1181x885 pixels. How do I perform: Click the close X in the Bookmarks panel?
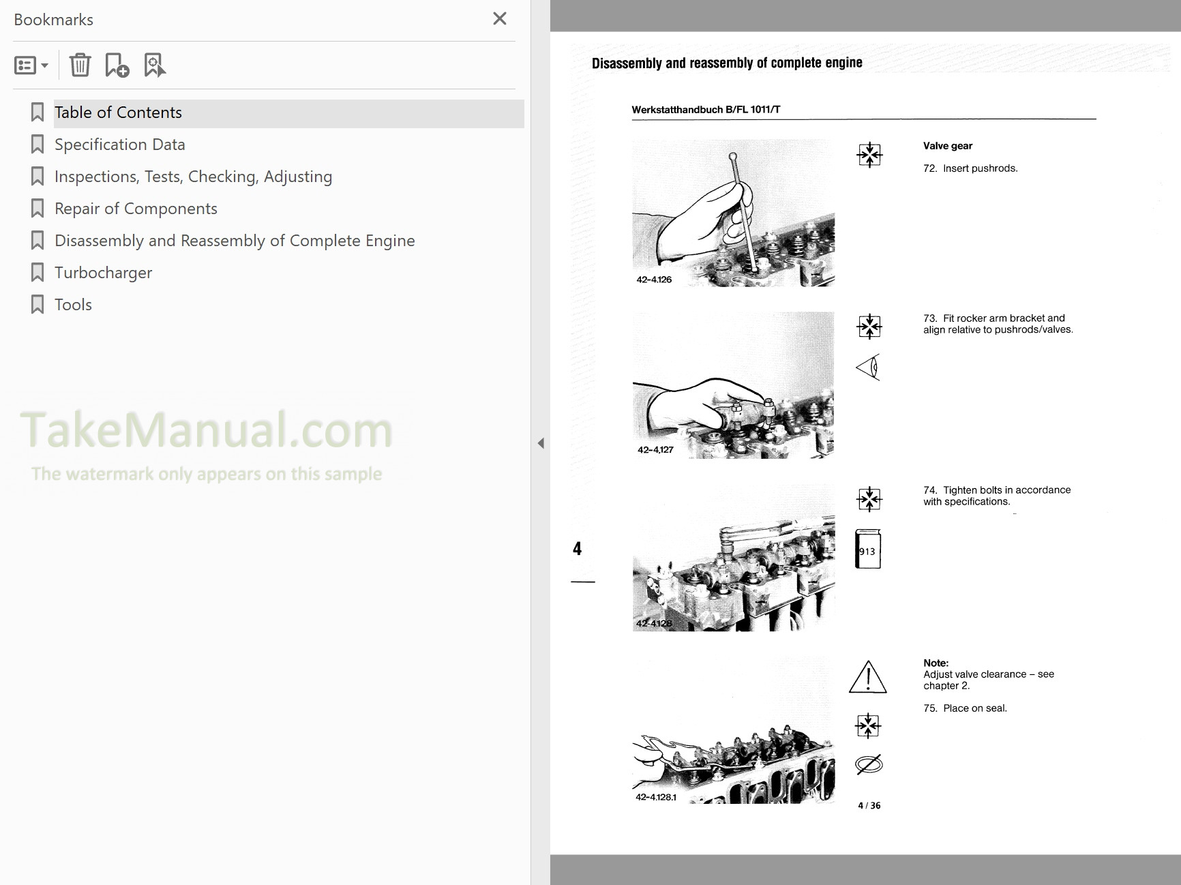[x=500, y=18]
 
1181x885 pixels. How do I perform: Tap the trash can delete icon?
[x=80, y=65]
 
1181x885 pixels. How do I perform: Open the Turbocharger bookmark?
[x=103, y=273]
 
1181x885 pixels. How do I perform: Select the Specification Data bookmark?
[x=119, y=145]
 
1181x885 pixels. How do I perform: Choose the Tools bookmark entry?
[x=73, y=305]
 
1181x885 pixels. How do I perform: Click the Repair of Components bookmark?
[x=136, y=209]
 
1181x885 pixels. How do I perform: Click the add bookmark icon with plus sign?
[x=117, y=65]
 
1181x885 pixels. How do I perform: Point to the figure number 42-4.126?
[x=654, y=280]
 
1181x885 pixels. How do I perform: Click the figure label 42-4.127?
[x=655, y=450]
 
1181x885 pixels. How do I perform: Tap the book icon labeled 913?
[x=868, y=548]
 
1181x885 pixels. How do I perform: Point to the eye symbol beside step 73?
[x=868, y=367]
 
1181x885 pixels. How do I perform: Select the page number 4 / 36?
[x=869, y=805]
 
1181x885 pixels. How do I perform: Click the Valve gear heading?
[x=948, y=146]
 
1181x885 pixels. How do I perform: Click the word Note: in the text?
[x=936, y=663]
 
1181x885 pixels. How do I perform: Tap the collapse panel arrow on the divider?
[x=541, y=443]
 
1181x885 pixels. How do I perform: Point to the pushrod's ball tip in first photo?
[x=733, y=157]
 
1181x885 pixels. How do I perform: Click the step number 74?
[x=930, y=490]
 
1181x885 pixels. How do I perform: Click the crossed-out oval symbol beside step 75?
[x=868, y=764]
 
